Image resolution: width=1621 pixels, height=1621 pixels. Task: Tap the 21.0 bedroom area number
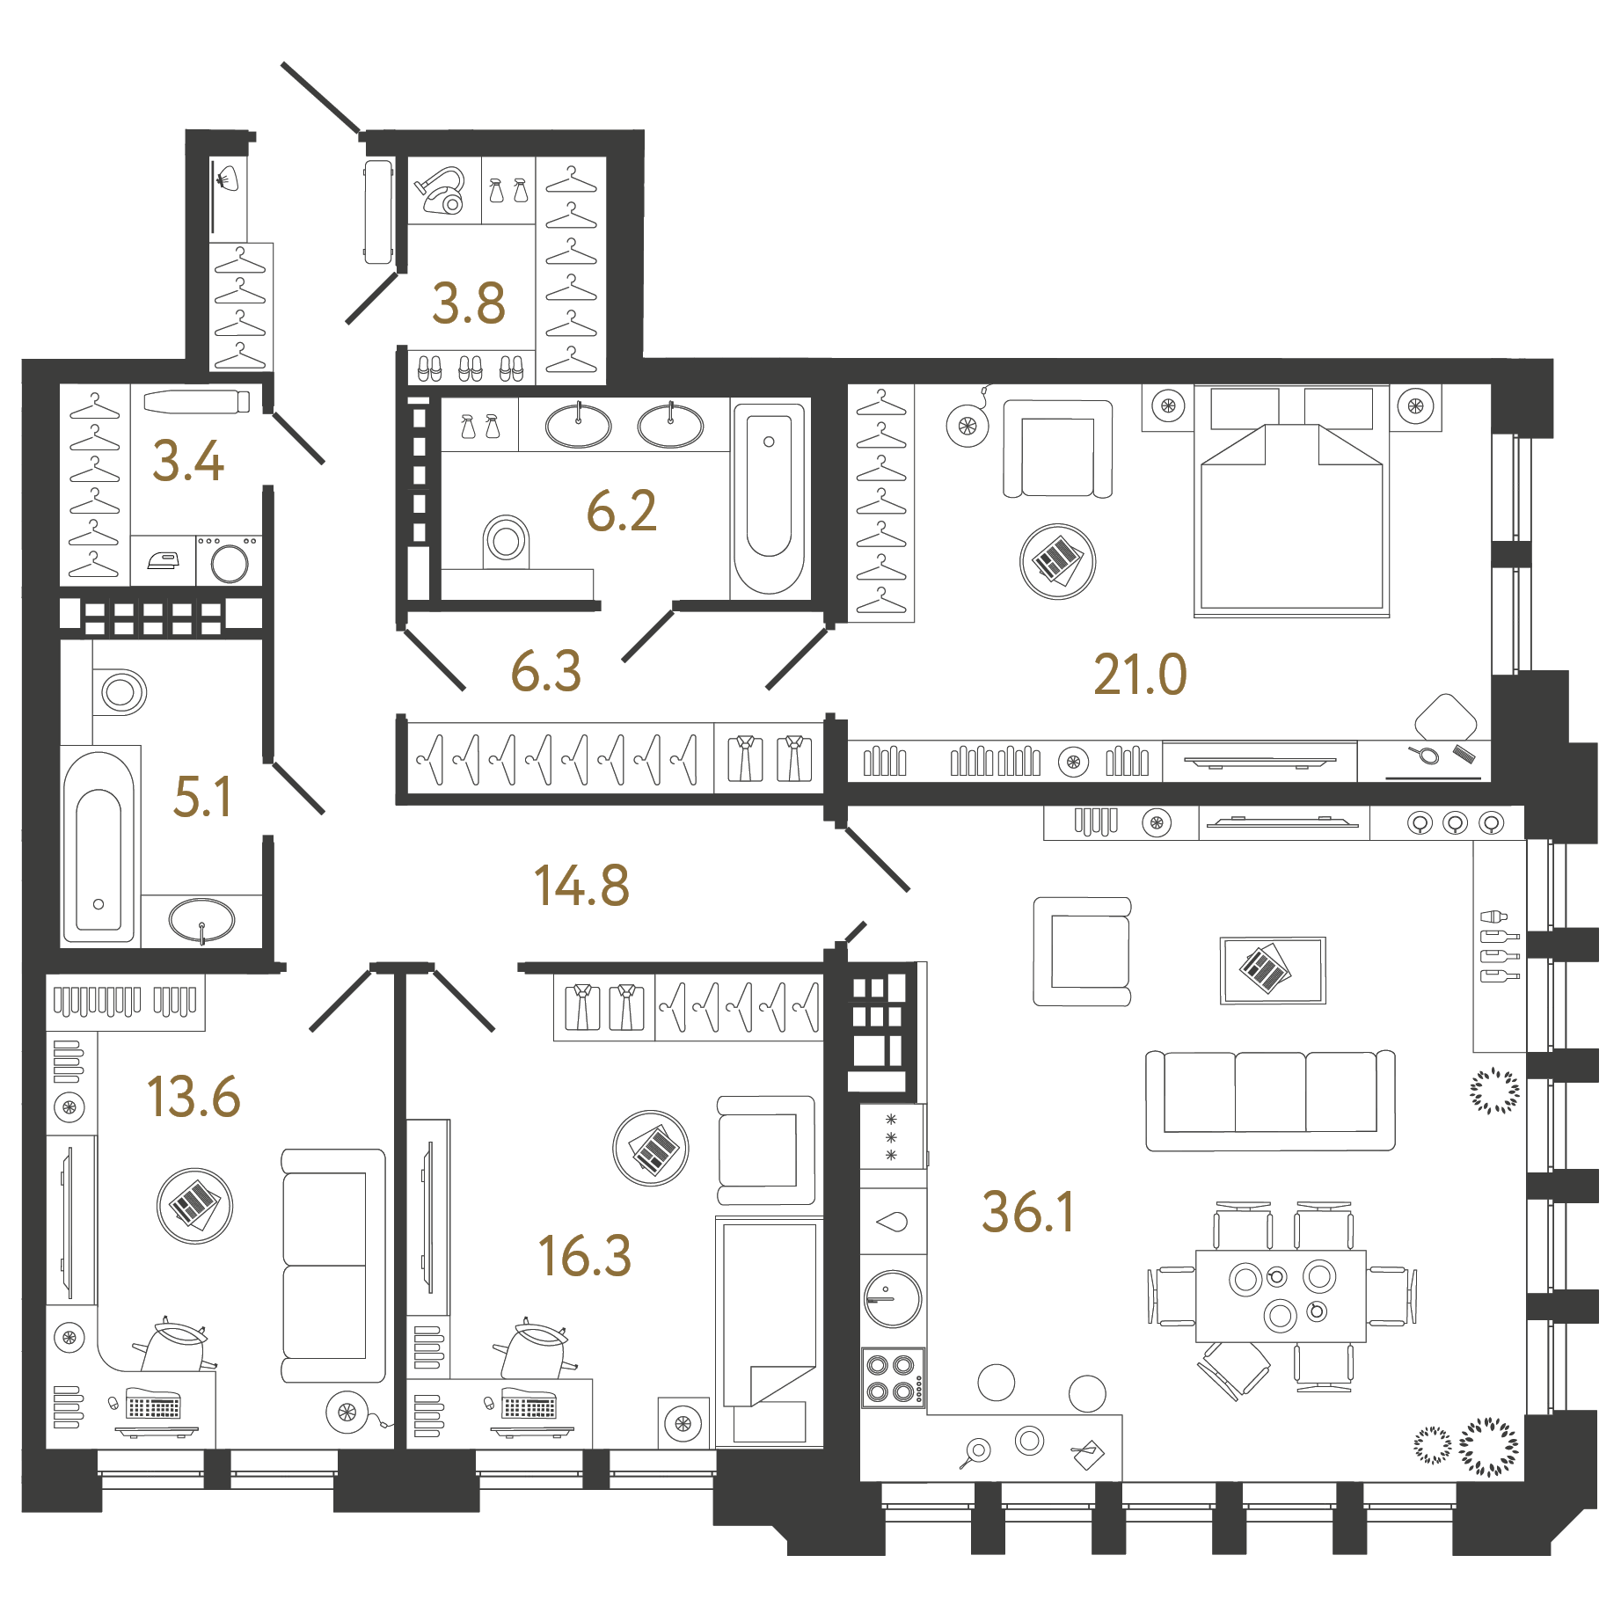click(x=1140, y=675)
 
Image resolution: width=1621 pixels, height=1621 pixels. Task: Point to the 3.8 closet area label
click(x=468, y=303)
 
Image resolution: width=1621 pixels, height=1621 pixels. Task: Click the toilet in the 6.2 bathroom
click(x=506, y=540)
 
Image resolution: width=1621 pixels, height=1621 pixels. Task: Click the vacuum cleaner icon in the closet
click(x=442, y=191)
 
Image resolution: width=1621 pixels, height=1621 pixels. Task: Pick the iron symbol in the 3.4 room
click(x=164, y=560)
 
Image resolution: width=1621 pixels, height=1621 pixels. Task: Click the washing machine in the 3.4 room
click(x=229, y=561)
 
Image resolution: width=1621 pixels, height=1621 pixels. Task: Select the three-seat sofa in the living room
click(x=1270, y=1099)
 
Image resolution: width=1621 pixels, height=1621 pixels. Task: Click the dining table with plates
click(x=1281, y=1295)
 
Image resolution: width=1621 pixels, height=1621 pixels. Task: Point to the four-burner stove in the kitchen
click(x=892, y=1377)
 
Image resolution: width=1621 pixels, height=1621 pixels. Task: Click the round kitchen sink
click(x=893, y=1298)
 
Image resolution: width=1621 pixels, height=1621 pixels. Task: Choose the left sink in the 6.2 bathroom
click(x=578, y=426)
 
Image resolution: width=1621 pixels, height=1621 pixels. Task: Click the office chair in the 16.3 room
click(x=534, y=1348)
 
